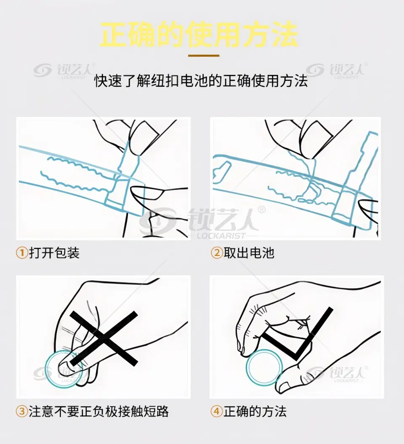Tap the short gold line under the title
coord(204,56)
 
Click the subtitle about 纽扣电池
coord(201,81)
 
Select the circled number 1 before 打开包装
coord(22,253)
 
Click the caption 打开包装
coord(54,253)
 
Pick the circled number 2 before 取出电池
coord(217,253)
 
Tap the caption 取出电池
coord(249,253)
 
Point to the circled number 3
coord(22,412)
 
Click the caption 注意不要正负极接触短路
coord(98,412)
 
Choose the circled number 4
coord(217,412)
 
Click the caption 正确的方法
coord(255,412)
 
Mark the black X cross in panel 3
coord(104,338)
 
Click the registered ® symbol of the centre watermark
coord(262,209)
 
